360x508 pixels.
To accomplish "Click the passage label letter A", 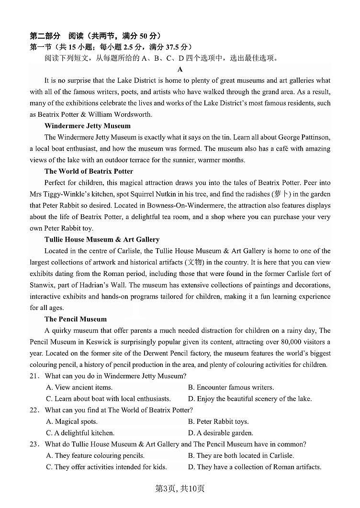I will click(180, 69).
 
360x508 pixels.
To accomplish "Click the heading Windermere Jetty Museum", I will click(87, 126).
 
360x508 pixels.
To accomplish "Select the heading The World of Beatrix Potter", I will click(89, 171).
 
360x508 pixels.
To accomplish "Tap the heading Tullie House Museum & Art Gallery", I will click(101, 239).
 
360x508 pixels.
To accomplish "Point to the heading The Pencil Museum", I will click(76, 319).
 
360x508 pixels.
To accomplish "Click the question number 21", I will click(34, 376).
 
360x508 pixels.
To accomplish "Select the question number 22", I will click(34, 410).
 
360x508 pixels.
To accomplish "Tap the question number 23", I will click(34, 444).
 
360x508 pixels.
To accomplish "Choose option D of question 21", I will click(249, 398).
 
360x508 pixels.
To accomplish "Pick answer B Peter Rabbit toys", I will click(218, 421).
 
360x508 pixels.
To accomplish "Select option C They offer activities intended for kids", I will click(106, 467).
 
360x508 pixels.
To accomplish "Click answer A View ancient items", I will click(79, 387).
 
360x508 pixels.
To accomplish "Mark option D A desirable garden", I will click(221, 433).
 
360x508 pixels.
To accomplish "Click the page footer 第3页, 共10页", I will click(180, 488).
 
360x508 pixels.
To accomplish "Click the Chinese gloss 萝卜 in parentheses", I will click(281, 194).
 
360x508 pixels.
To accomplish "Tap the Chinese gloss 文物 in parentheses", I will click(195, 262).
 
